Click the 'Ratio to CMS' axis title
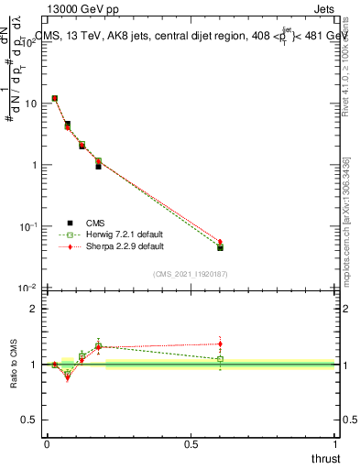pos(15,364)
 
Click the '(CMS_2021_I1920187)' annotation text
pos(190,275)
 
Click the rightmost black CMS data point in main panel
pos(220,247)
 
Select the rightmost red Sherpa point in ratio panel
pos(220,344)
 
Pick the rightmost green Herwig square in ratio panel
pos(220,359)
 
